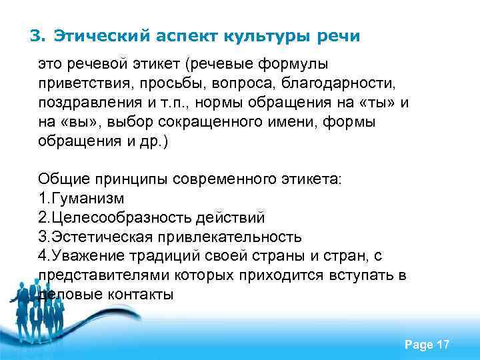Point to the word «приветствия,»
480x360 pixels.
point(79,84)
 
